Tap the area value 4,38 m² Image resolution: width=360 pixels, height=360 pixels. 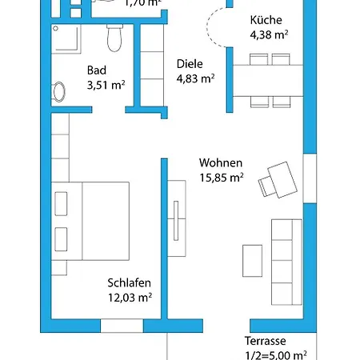[x=270, y=34]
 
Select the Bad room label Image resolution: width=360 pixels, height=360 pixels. [x=96, y=70]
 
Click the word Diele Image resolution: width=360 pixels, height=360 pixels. [x=189, y=64]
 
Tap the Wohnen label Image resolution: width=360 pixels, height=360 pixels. [x=220, y=163]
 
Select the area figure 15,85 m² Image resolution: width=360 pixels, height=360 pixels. [x=222, y=178]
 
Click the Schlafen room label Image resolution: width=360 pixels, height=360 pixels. [x=129, y=283]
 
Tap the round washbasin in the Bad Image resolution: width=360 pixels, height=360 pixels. [x=58, y=92]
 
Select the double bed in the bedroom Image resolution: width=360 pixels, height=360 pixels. [x=90, y=220]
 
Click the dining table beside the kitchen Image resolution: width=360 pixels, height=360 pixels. [x=268, y=80]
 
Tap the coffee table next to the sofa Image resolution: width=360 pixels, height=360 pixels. [x=253, y=261]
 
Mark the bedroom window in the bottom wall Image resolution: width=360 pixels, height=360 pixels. [x=122, y=326]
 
